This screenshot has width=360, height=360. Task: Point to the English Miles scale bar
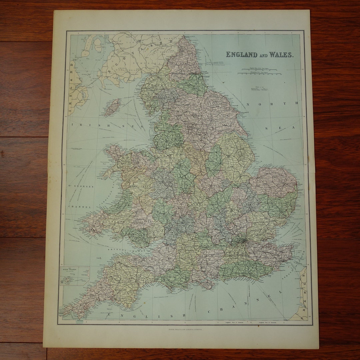pos(260,69)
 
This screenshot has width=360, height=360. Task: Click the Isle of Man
pos(112,107)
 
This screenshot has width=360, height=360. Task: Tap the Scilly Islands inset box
pos(75,275)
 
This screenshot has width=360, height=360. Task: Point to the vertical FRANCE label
pos(303,293)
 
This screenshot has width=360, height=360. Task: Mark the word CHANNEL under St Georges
pos(80,207)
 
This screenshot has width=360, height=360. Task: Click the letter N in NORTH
pos(248,104)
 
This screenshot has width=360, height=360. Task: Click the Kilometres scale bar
pos(260,73)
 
